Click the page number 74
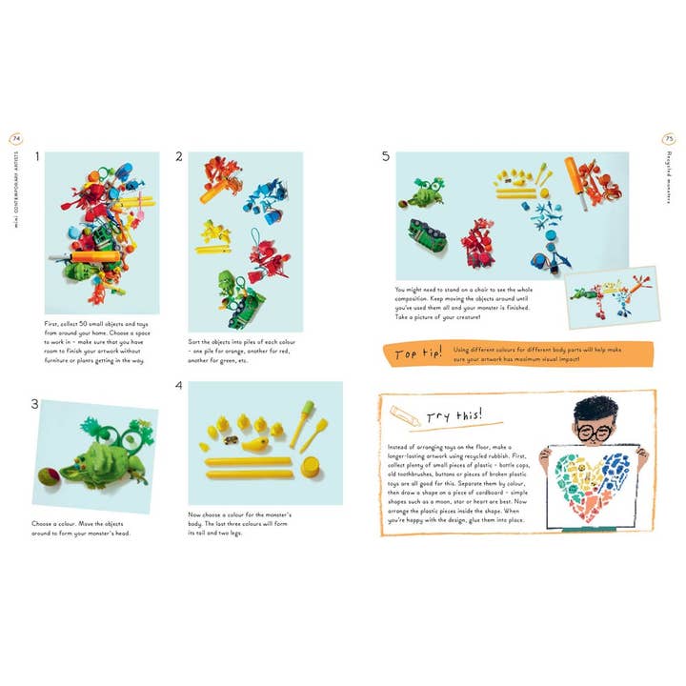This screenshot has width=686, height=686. pos(16,138)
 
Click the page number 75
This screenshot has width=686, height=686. pos(669,138)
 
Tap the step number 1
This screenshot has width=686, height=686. pos(36,157)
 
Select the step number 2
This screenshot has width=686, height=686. pos(178,157)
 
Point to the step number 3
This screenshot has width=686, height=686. pos(36,404)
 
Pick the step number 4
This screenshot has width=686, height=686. pos(178,387)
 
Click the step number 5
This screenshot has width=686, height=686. pos(385,157)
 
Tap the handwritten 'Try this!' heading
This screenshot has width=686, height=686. pos(454,415)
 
